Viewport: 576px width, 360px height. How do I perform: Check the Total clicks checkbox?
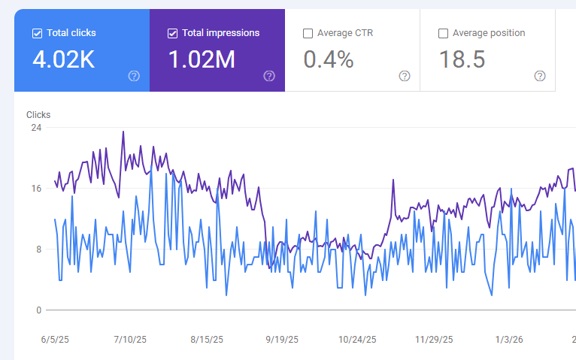37,33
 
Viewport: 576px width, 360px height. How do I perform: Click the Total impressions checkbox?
172,33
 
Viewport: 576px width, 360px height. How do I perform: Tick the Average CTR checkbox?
308,33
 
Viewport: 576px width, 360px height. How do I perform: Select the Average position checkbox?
443,33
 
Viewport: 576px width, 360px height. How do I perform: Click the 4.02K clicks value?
64,59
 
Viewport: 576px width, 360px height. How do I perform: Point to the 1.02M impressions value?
202,59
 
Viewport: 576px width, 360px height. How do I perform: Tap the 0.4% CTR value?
329,59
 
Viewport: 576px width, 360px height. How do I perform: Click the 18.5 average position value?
462,59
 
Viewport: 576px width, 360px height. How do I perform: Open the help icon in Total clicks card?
134,76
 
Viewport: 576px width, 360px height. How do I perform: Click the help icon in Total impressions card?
269,76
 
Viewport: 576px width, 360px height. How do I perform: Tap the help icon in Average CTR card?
405,76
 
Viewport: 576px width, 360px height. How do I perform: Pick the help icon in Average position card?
540,76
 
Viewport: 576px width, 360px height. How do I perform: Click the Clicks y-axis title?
38,115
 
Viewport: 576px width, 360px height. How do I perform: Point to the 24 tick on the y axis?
36,128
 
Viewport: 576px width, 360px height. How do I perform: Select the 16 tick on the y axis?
36,189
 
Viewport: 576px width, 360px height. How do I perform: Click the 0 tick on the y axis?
38,310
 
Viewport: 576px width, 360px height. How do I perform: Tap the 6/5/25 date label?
55,340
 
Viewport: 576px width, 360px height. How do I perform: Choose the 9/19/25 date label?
282,340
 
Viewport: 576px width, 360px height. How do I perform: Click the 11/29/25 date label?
434,340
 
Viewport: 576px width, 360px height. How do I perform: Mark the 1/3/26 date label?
509,340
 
